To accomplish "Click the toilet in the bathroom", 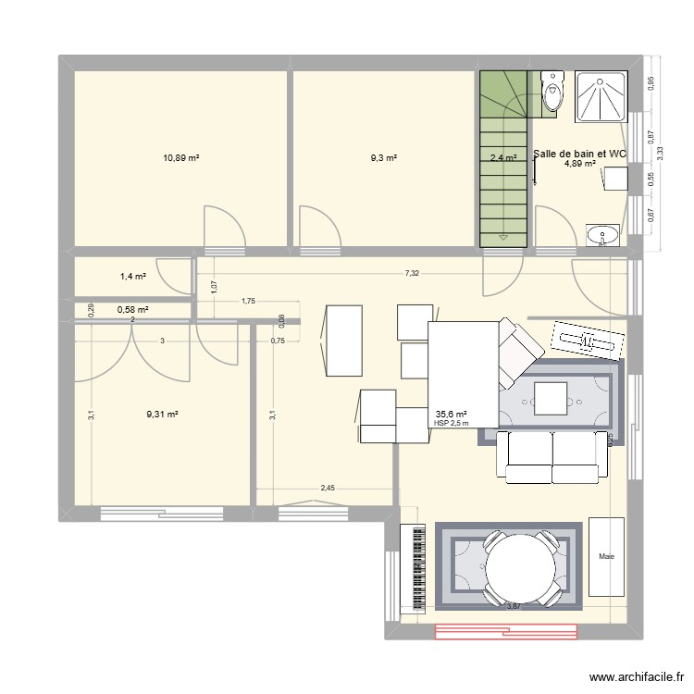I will tap(553, 94).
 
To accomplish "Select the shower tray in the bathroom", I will tap(601, 97).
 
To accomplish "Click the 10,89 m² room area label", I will tap(181, 158).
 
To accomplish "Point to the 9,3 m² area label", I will tap(384, 158).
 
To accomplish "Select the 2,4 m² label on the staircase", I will tap(502, 158).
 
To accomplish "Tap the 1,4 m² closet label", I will tap(133, 276).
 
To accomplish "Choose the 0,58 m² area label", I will tap(132, 310).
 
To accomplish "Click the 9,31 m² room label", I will tap(161, 415).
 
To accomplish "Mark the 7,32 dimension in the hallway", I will tap(411, 274).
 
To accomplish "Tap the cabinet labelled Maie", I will tap(607, 556).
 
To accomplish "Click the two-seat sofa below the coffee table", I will tap(548, 457).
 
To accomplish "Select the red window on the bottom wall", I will tap(506, 632).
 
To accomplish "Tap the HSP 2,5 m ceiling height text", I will tap(451, 424).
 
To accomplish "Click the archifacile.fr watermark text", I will tap(634, 677).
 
